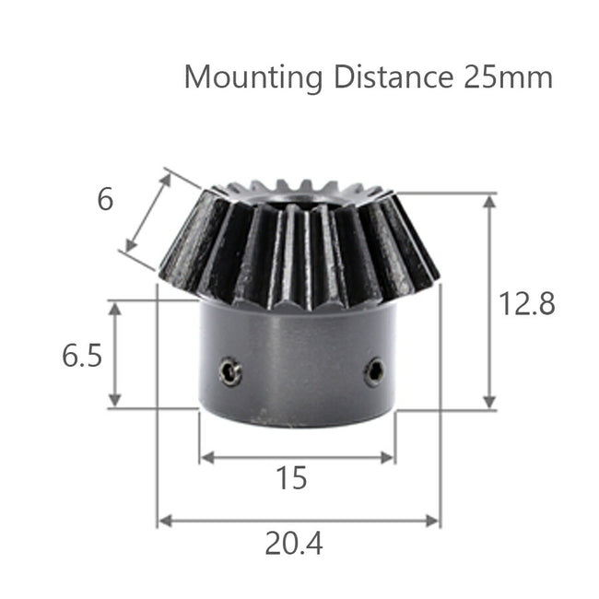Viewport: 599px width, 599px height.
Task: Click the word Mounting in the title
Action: (253, 76)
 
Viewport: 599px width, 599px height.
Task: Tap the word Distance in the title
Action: (386, 76)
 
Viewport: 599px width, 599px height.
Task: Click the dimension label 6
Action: (106, 199)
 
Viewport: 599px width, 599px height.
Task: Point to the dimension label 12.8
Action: (527, 303)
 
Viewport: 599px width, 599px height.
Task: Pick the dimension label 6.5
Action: (82, 356)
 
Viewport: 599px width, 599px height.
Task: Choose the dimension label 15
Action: (291, 479)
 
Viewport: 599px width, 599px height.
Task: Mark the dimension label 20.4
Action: (294, 545)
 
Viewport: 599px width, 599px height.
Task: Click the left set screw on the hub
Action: (230, 371)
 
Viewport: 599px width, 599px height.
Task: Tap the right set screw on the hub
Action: (373, 371)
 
